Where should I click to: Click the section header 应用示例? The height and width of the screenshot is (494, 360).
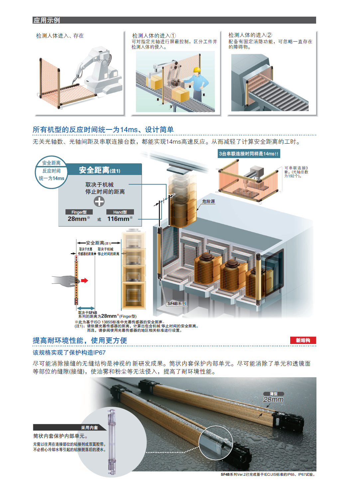pos(47,20)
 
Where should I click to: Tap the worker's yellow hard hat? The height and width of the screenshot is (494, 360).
pos(196,70)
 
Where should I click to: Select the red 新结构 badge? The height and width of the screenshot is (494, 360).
pos(303,340)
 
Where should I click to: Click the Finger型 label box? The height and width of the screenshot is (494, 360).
pos(79,212)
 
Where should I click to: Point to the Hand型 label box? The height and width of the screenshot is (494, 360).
pos(120,212)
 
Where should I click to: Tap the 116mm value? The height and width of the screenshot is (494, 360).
pos(118,219)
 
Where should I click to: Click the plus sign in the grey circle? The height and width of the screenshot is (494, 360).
pos(99,201)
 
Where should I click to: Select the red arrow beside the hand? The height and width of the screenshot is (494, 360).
pos(85,280)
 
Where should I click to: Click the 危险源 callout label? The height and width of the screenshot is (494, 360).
pos(208,201)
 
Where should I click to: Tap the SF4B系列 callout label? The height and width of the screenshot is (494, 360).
pos(177,304)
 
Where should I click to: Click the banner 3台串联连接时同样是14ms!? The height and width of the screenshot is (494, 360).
pos(249,154)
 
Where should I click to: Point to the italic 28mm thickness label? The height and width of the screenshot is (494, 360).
pos(273,400)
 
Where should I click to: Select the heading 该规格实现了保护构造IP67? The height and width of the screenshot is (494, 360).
pos(69,352)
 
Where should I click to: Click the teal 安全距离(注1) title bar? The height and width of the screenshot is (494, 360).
pos(104,170)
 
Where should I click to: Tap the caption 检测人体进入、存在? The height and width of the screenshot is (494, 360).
pos(60,36)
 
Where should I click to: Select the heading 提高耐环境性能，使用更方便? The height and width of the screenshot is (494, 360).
pos(80,340)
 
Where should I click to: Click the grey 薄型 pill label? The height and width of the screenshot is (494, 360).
pos(274,394)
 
